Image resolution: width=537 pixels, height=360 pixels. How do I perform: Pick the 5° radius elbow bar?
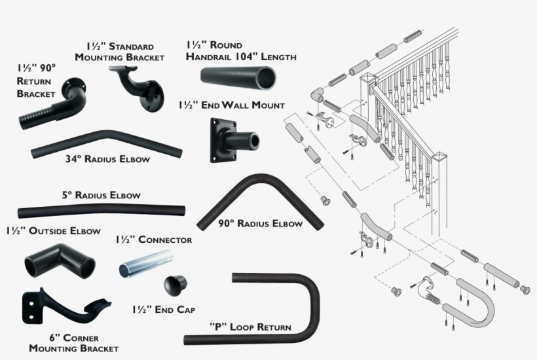(102, 212)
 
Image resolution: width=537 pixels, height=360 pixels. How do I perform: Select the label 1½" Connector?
(154, 240)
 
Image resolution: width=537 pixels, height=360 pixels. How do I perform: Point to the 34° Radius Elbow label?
(107, 159)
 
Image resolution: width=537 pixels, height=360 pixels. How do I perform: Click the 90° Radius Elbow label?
(261, 224)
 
